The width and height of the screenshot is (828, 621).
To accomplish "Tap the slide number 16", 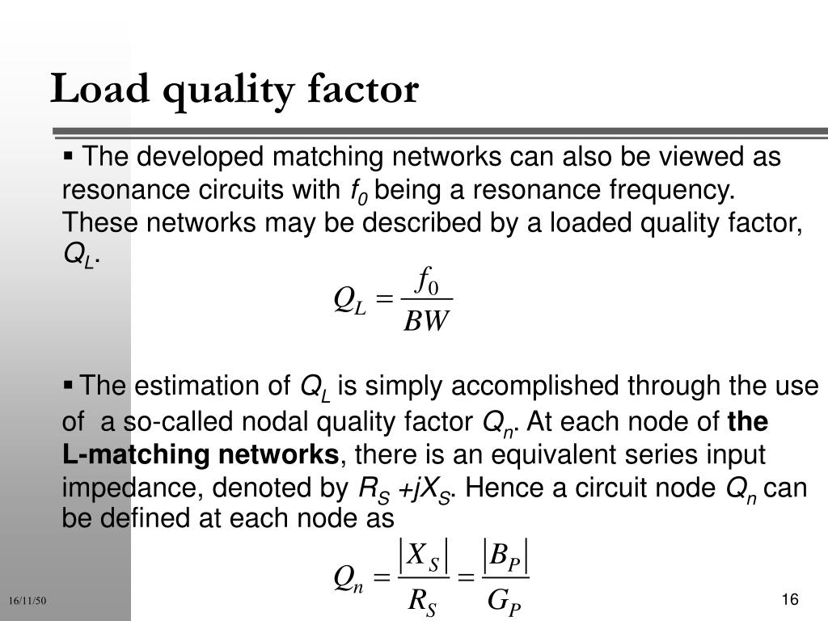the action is [x=790, y=599].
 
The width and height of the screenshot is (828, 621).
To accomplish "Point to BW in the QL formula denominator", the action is [x=425, y=321].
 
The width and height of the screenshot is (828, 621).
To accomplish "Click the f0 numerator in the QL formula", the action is [x=426, y=282].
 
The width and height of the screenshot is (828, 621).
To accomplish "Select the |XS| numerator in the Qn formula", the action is [x=423, y=556].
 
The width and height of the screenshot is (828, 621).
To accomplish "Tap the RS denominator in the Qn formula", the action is [x=422, y=600].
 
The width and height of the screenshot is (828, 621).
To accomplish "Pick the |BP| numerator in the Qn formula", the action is [x=505, y=556].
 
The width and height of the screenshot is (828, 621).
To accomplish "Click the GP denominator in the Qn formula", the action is [x=505, y=600].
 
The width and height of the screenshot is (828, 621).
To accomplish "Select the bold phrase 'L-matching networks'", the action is [x=201, y=455].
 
